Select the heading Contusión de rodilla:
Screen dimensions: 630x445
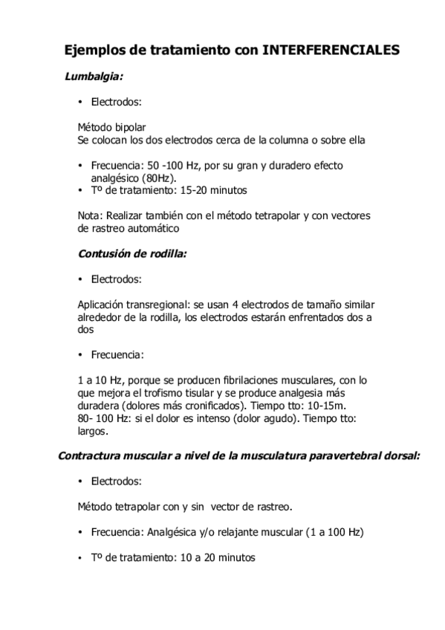click(132, 253)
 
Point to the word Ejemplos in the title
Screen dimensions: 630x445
click(94, 50)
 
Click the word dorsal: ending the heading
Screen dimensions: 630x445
click(401, 455)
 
